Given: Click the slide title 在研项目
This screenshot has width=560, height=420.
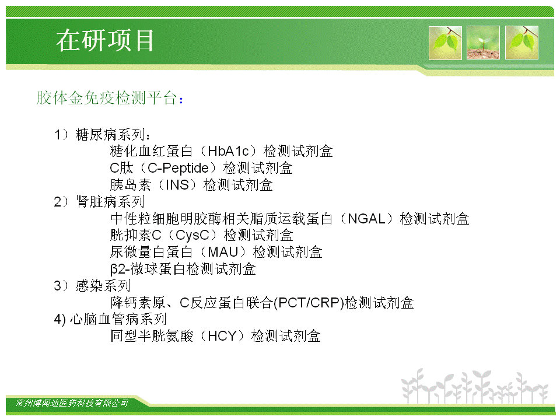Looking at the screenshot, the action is coord(105,40).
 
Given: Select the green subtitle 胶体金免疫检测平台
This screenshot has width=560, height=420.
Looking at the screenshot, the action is coord(107,97).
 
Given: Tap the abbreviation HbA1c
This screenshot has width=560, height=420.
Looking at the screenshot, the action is coord(228,151).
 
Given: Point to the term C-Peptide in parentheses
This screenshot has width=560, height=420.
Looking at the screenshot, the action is coord(178,168).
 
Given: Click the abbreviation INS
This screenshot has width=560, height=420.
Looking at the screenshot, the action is coord(177,185).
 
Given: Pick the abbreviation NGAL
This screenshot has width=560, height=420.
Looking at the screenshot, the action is coord(366,219).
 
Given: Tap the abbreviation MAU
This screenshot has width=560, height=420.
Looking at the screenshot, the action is coord(223,252).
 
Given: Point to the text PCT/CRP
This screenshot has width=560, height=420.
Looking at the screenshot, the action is coord(309,303).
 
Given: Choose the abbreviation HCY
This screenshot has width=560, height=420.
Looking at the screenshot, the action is coord(222,336).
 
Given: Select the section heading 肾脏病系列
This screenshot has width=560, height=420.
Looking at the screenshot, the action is coord(110,202).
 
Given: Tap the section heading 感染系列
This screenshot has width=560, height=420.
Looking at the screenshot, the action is coord(103,286).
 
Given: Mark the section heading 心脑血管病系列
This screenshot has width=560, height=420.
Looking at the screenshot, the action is coord(118,319).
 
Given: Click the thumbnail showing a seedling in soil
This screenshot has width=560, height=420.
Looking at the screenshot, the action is coord(483,43).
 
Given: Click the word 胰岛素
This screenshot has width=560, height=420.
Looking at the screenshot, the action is coord(131,185).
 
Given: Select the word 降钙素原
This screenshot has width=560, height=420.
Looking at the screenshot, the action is coord(138,303).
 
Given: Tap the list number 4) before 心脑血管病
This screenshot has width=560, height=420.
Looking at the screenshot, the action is coord(60,319).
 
